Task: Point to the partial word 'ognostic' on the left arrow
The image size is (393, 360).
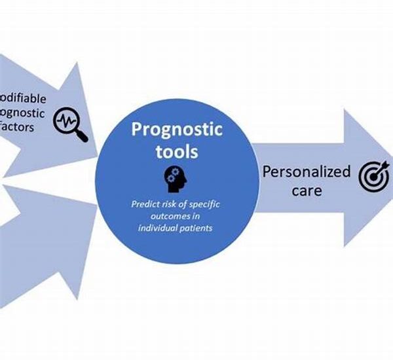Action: pyautogui.click(x=23, y=112)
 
